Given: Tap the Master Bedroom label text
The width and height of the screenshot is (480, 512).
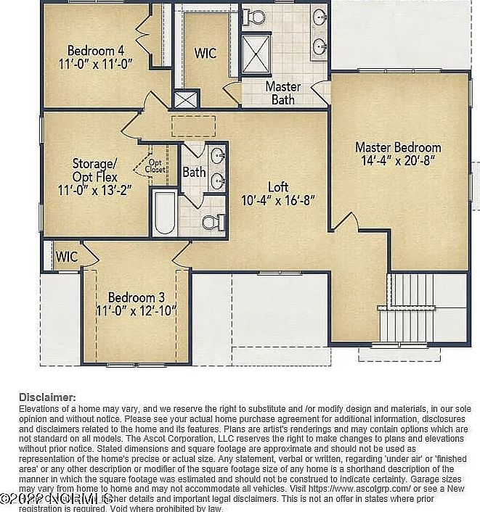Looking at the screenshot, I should pyautogui.click(x=399, y=147).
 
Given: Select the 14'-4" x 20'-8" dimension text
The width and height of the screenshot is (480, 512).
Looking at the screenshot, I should pyautogui.click(x=399, y=161).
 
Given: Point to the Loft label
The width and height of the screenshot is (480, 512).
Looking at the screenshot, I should pyautogui.click(x=278, y=186).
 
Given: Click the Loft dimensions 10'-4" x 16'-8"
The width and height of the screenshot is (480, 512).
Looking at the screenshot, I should pyautogui.click(x=278, y=201).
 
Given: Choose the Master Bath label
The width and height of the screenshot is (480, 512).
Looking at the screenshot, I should pyautogui.click(x=282, y=93).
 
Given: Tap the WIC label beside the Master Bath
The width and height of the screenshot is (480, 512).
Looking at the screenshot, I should pyautogui.click(x=206, y=54).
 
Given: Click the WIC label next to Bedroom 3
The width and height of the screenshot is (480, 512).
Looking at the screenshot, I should pyautogui.click(x=67, y=257).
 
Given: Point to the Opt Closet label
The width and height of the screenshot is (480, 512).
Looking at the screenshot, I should pyautogui.click(x=155, y=166).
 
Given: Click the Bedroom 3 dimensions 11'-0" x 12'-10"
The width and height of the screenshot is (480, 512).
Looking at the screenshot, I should pyautogui.click(x=137, y=311).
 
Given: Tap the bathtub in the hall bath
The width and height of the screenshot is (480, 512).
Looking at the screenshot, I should pyautogui.click(x=164, y=213).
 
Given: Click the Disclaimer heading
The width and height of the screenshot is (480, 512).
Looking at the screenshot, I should pyautogui.click(x=47, y=397).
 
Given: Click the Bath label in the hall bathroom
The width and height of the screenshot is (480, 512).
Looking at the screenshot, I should pyautogui.click(x=194, y=173).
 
